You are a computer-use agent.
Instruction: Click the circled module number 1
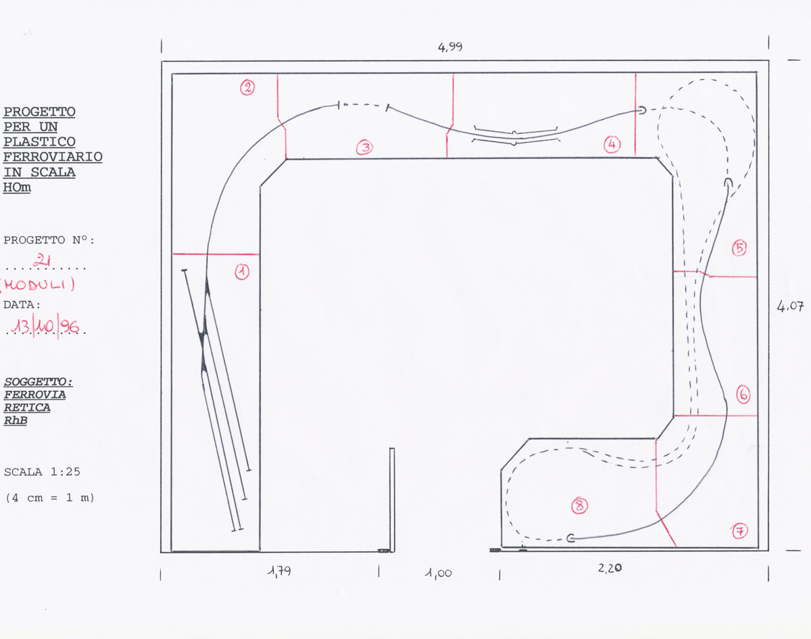(x=242, y=272)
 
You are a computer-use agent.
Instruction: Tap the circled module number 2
(x=247, y=87)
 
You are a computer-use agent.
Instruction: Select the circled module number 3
(x=365, y=147)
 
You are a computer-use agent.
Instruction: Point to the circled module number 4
(x=612, y=145)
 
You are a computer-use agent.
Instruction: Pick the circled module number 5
(x=739, y=248)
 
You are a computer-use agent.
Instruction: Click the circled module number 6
(x=743, y=395)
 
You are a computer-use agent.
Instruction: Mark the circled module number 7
(x=740, y=531)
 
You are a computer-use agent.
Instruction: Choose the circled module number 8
(x=580, y=506)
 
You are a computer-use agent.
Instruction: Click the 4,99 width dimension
(x=450, y=47)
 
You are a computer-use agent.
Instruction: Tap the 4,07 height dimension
(x=790, y=306)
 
